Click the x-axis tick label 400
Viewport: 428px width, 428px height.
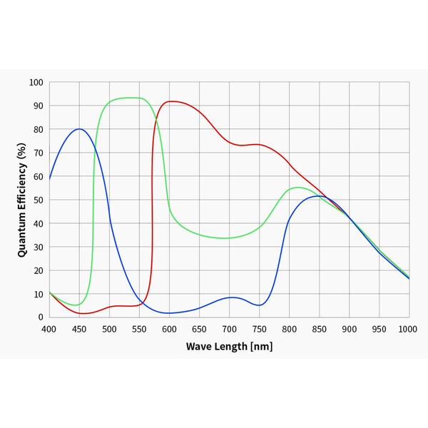(49, 329)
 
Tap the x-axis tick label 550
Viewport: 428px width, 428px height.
(139, 329)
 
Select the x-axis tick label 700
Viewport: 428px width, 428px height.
(229, 329)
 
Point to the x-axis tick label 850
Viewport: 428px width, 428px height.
(319, 329)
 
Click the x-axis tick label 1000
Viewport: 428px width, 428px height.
(408, 329)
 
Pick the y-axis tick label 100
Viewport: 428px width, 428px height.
(36, 82)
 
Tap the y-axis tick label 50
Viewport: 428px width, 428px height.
(38, 200)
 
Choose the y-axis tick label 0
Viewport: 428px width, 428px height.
(41, 317)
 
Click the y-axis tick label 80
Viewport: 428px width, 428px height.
(38, 129)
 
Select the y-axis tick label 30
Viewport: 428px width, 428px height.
(38, 247)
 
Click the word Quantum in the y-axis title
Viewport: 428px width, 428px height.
(22, 229)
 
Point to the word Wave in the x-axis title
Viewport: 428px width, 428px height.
(199, 347)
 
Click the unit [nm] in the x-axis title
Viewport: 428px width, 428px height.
(260, 347)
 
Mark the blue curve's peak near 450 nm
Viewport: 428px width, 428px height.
(79, 129)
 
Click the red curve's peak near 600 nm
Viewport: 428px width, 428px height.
(171, 101)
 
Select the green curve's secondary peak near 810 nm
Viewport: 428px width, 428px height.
(296, 188)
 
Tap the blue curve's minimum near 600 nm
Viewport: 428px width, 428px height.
(169, 313)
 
